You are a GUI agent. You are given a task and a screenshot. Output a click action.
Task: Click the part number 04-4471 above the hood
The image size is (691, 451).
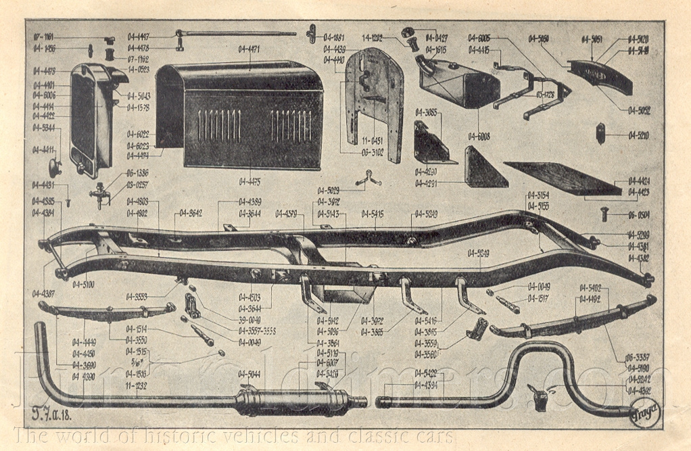pyautogui.click(x=249, y=49)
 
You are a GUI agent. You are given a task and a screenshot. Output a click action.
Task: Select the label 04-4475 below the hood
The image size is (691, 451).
pyautogui.click(x=249, y=181)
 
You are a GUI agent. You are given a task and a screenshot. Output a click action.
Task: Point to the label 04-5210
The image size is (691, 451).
pyautogui.click(x=638, y=135)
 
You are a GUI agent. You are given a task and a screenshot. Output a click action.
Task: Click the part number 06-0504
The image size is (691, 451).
pyautogui.click(x=638, y=215)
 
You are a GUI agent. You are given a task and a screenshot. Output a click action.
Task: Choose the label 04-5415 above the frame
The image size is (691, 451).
pyautogui.click(x=373, y=214)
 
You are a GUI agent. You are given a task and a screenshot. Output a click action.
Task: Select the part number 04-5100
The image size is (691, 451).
pyautogui.click(x=83, y=285)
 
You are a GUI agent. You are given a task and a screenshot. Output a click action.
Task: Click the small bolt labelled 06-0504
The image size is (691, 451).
pyautogui.click(x=605, y=215)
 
